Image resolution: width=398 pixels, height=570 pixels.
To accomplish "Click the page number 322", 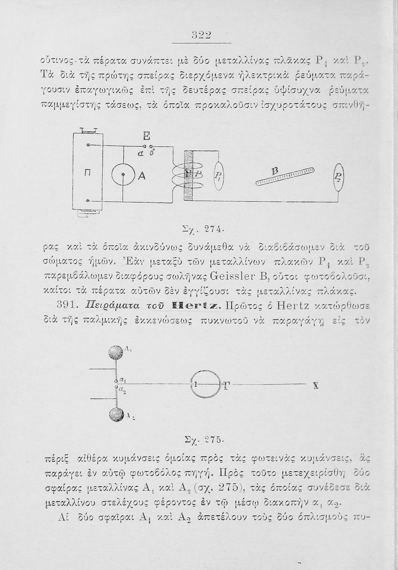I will [201, 35].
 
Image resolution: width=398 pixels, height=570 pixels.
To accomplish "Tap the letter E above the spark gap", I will [146, 136].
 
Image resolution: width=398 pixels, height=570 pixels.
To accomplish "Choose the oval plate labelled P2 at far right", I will [338, 176].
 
